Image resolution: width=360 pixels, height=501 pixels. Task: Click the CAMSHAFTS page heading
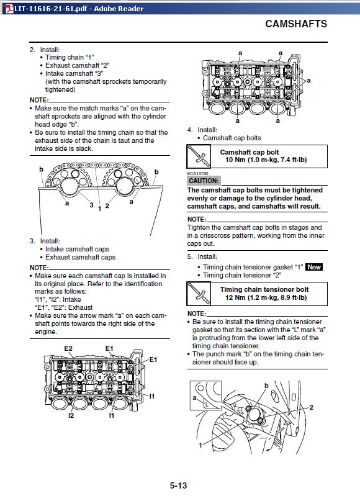(296, 24)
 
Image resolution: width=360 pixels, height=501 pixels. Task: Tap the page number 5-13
(178, 485)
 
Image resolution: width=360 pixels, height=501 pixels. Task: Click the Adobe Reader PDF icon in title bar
(9, 9)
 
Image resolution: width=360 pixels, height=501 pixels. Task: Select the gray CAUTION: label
(204, 181)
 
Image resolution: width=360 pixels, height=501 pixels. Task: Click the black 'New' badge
(314, 267)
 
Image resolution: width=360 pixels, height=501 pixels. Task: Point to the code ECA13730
(197, 173)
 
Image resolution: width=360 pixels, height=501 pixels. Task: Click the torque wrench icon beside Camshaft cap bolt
(199, 156)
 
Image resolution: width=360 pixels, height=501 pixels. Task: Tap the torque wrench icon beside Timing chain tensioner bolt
(199, 294)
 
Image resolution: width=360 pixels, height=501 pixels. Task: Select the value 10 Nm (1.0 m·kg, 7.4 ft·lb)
(266, 160)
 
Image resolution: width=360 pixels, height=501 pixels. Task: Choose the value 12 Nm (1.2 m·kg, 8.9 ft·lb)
(266, 297)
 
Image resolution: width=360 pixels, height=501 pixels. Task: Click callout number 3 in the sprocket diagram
(91, 205)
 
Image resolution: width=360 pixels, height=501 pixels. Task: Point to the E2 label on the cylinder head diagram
(68, 348)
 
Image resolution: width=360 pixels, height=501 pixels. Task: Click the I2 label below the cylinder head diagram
(71, 415)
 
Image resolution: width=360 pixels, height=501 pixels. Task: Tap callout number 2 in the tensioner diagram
(311, 407)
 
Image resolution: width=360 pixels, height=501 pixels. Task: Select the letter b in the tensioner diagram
(266, 386)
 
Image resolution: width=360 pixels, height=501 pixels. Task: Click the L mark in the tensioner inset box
(207, 405)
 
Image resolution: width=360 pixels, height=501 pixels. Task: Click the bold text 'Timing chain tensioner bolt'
(264, 289)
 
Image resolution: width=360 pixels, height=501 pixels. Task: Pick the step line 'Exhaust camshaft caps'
(80, 257)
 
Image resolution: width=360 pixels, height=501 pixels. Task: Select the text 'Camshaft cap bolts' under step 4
(232, 138)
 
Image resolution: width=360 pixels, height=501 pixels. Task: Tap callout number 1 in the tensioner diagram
(200, 445)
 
